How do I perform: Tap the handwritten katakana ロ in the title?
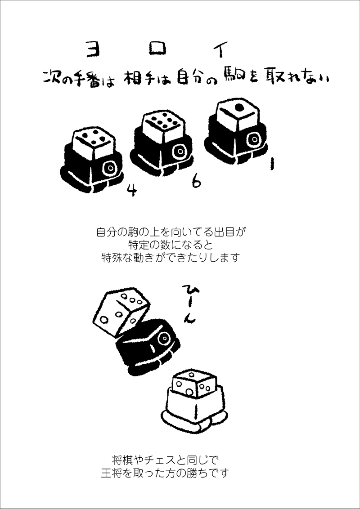click(157, 49)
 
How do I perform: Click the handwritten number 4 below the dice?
click(131, 191)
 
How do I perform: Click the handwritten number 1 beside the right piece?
click(272, 164)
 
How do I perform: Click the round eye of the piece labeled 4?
click(111, 168)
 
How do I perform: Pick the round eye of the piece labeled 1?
click(253, 139)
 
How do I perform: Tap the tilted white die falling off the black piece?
click(121, 311)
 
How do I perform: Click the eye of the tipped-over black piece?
click(164, 339)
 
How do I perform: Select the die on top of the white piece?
click(194, 384)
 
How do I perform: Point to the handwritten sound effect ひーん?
click(189, 303)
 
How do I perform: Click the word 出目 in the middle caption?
click(224, 232)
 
